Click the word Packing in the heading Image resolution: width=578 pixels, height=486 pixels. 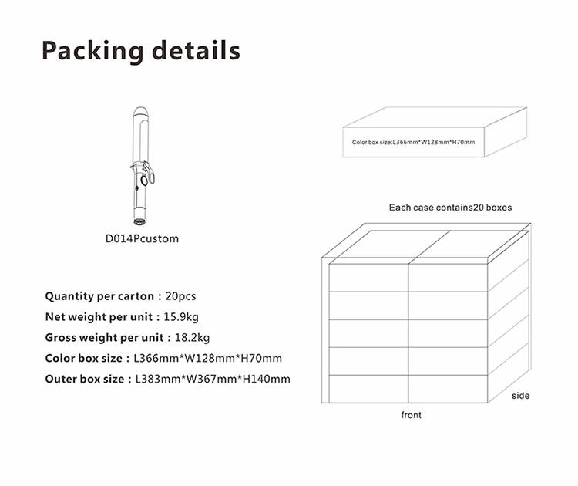click(x=92, y=51)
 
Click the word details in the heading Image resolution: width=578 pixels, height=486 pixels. click(x=196, y=49)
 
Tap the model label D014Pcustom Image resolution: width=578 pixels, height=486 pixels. click(x=142, y=238)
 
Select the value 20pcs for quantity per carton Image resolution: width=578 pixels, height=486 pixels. click(x=180, y=296)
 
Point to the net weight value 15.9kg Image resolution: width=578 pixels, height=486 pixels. click(x=181, y=317)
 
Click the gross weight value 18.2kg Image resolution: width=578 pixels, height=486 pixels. click(x=192, y=338)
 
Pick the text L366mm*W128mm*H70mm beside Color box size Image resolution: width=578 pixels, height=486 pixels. click(x=207, y=358)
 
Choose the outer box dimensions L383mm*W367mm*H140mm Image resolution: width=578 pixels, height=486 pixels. click(x=213, y=379)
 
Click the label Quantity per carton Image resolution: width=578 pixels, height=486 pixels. click(x=99, y=296)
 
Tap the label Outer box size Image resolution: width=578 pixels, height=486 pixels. click(x=85, y=379)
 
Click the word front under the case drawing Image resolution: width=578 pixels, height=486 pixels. click(x=411, y=415)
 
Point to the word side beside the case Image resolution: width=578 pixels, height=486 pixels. click(x=520, y=396)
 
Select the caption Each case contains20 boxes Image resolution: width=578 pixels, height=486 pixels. click(x=451, y=208)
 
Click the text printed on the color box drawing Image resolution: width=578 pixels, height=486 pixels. click(x=413, y=142)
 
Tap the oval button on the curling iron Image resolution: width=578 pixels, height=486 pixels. click(x=144, y=181)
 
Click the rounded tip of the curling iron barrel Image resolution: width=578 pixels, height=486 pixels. click(x=140, y=111)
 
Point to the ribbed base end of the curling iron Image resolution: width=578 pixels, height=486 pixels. click(x=139, y=221)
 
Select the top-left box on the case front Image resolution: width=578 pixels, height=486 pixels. click(x=368, y=278)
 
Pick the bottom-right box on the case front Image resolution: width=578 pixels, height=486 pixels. click(x=448, y=389)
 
